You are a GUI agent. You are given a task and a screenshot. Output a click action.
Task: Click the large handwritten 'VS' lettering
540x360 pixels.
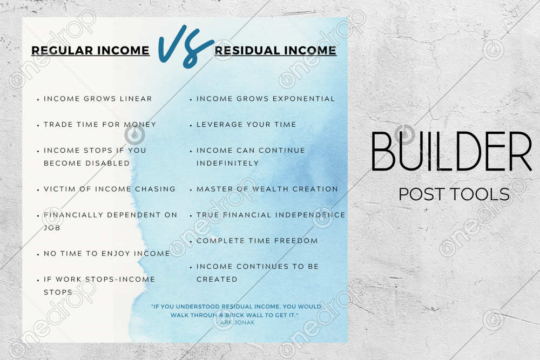pyautogui.click(x=185, y=46)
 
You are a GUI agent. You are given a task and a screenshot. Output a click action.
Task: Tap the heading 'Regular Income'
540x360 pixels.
pyautogui.click(x=90, y=51)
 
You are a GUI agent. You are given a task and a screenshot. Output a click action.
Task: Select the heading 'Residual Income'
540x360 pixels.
pyautogui.click(x=275, y=51)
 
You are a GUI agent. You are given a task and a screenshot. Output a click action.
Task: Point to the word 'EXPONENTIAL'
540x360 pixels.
pyautogui.click(x=303, y=99)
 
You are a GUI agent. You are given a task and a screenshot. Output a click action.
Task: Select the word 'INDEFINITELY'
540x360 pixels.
pyautogui.click(x=227, y=163)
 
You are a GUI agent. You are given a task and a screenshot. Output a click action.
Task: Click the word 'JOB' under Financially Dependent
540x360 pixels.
pyautogui.click(x=52, y=228)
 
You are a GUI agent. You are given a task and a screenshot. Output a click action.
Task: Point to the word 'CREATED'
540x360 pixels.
pyautogui.click(x=217, y=280)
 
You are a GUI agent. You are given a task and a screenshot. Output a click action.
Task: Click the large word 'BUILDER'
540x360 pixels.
pyautogui.click(x=451, y=152)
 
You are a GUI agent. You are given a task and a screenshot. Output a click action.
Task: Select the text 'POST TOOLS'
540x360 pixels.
pyautogui.click(x=454, y=194)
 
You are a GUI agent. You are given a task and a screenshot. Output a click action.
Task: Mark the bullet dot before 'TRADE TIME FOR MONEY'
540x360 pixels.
pyautogui.click(x=38, y=126)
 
